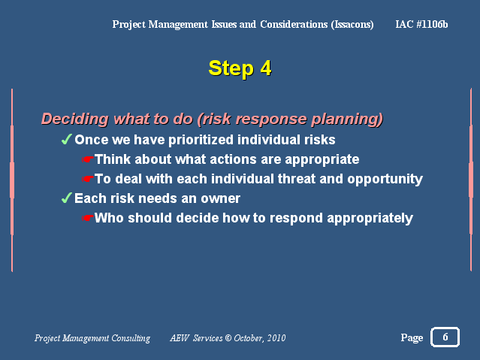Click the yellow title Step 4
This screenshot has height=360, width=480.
click(240, 68)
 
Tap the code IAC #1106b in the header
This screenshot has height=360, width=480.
click(421, 24)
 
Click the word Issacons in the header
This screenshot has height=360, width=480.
click(352, 25)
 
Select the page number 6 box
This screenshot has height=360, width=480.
click(445, 337)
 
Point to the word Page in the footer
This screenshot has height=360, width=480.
click(412, 337)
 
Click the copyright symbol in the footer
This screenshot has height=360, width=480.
click(228, 338)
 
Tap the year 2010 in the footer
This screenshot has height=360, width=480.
click(276, 338)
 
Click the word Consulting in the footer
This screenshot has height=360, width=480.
click(131, 338)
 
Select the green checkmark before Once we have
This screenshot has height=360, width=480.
click(66, 139)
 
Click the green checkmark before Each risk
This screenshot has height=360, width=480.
click(66, 198)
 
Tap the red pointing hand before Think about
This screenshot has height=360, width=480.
click(88, 159)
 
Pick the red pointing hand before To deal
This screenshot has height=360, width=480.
click(88, 179)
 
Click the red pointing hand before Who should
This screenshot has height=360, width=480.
click(88, 218)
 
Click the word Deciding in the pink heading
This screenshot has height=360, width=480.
click(74, 119)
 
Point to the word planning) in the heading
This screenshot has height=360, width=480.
click(347, 119)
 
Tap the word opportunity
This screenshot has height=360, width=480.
click(385, 179)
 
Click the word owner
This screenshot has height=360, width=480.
click(220, 199)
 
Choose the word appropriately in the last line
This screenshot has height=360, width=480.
click(370, 219)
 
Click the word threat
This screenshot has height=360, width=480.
click(296, 179)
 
